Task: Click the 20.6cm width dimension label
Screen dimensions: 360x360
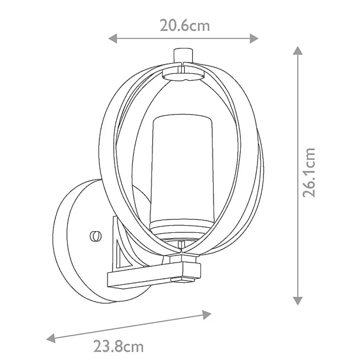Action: click(185, 26)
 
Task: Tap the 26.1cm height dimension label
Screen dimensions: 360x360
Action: click(308, 173)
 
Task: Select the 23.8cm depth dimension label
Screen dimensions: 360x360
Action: click(118, 347)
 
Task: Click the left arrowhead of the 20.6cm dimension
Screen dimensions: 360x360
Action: click(113, 38)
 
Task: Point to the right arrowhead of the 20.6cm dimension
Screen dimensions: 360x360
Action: click(254, 38)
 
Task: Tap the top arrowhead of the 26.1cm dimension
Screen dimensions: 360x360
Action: click(298, 50)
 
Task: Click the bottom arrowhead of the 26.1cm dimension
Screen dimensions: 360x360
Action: click(298, 301)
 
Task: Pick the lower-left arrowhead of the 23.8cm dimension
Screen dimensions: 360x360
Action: click(51, 338)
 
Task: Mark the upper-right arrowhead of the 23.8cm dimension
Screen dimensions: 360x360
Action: click(207, 315)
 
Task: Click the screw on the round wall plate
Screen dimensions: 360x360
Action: click(95, 236)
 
